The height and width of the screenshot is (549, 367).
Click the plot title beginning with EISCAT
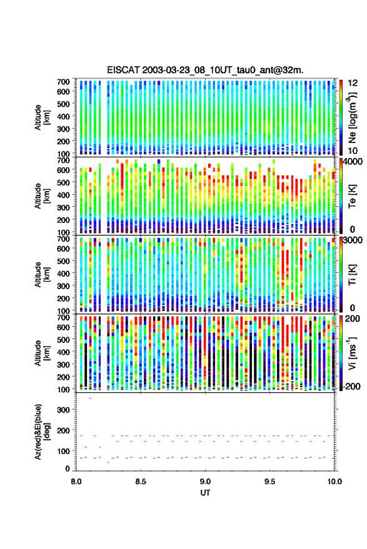(x=206, y=70)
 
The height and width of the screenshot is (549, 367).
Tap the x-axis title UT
(x=205, y=493)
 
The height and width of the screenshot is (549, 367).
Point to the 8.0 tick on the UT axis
(x=76, y=482)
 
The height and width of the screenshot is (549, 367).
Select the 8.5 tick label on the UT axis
(x=141, y=482)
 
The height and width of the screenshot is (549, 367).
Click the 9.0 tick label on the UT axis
(x=205, y=482)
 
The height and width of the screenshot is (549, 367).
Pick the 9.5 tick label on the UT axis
(x=269, y=482)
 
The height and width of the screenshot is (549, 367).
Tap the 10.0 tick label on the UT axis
(x=334, y=482)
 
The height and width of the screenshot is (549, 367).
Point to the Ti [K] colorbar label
(x=352, y=275)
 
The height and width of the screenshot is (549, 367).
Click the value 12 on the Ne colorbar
(x=353, y=83)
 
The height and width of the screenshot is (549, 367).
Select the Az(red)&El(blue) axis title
(x=42, y=432)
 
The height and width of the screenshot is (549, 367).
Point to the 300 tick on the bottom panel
(x=63, y=409)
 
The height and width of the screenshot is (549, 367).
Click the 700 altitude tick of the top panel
(x=63, y=82)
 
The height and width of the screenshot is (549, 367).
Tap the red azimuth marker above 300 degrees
(x=90, y=398)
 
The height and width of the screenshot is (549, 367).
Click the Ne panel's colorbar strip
(x=341, y=117)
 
